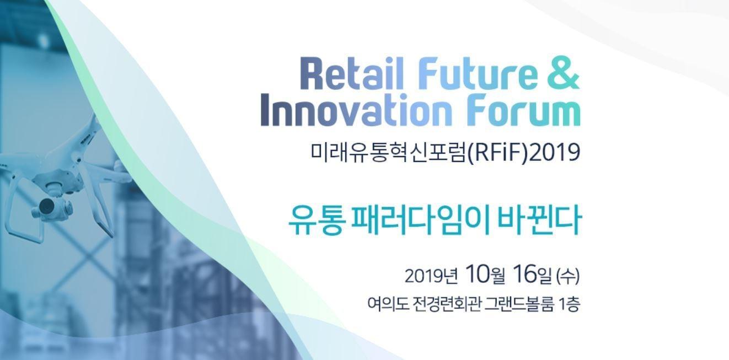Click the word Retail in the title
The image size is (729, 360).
(x=351, y=73)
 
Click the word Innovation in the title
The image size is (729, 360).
(x=357, y=110)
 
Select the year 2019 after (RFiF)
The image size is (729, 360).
(x=555, y=152)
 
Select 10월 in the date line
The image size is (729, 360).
(x=485, y=274)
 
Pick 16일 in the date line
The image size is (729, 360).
(x=532, y=274)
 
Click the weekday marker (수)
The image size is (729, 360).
(x=568, y=276)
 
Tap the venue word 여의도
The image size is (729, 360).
(x=388, y=304)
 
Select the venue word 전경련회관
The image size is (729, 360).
(x=447, y=304)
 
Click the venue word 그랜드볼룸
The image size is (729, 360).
(x=519, y=304)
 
